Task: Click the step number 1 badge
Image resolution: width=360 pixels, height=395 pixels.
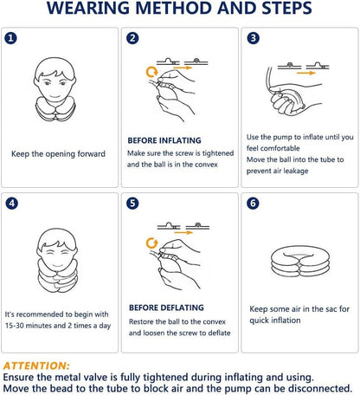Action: (10, 39)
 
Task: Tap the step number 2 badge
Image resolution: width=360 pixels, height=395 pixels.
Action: (132, 39)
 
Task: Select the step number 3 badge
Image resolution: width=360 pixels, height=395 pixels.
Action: (253, 39)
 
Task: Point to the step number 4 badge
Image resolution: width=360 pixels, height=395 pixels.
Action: (10, 204)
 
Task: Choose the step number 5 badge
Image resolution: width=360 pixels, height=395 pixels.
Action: (132, 204)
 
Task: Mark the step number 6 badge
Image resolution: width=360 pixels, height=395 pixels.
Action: (253, 204)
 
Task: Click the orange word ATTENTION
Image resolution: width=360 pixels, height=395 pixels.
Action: (36, 365)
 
